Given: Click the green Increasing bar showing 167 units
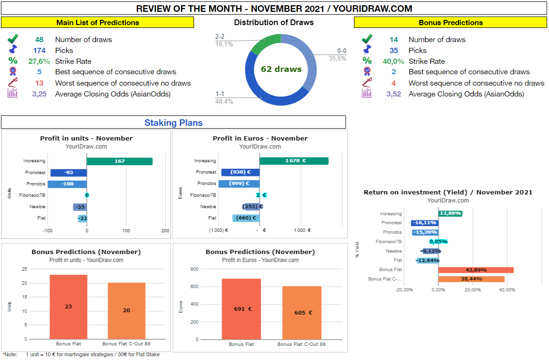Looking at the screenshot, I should click(119, 161).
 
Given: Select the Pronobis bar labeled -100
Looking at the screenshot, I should click(67, 184).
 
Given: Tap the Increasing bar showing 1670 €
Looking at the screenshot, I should click(293, 161).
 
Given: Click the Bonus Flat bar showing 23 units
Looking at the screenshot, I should click(68, 307).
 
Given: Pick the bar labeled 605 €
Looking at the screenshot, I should click(301, 312).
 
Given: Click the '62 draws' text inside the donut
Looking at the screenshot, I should click(281, 69).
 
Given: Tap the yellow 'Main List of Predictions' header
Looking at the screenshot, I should click(97, 23).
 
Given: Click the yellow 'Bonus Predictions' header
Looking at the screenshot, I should click(451, 23).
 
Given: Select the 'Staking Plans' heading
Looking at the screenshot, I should click(173, 123).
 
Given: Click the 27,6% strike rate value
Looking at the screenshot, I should click(39, 61).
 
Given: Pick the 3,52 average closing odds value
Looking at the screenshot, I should click(393, 94).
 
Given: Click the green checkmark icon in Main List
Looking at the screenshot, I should click(13, 39).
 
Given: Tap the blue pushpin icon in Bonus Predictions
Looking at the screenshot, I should click(367, 50).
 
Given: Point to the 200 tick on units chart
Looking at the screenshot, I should click(165, 231).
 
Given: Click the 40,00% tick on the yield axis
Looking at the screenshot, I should click(507, 290).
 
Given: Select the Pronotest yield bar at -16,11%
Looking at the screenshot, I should click(425, 223).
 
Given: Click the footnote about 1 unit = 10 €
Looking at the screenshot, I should click(81, 354).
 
